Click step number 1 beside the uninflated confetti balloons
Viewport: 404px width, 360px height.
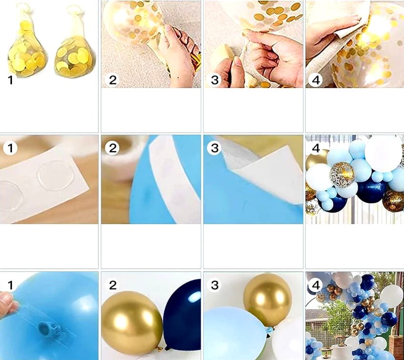10,80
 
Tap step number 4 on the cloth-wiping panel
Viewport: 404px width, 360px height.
315,80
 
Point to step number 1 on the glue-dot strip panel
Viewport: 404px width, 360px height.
10,148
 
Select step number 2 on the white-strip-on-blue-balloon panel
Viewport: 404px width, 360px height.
113,148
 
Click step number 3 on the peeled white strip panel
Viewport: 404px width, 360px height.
214,148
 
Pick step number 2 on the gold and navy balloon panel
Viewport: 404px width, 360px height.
113,285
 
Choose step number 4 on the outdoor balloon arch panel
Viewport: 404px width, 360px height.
315,285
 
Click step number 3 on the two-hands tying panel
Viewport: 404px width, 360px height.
214,80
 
